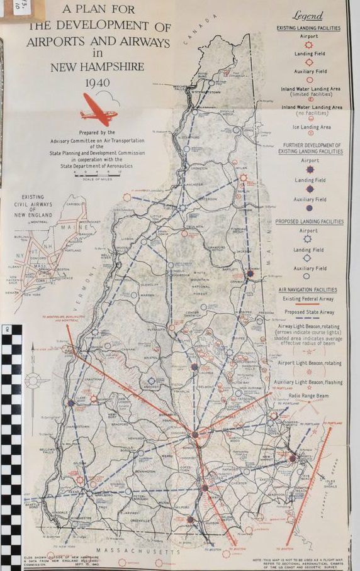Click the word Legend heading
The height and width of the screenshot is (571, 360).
[x=308, y=16]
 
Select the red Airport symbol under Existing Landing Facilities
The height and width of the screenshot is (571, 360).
[x=308, y=45]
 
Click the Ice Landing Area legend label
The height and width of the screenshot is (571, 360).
[x=308, y=127]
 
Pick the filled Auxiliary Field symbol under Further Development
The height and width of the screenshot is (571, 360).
[x=308, y=208]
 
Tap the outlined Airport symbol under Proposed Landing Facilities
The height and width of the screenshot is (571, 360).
[x=308, y=239]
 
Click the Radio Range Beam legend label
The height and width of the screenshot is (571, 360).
[x=308, y=394]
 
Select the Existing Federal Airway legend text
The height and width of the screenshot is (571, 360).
[x=308, y=298]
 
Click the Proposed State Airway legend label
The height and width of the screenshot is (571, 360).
[x=308, y=311]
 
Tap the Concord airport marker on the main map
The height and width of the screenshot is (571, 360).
[x=194, y=434]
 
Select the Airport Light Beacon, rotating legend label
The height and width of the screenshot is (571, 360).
[x=308, y=362]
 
